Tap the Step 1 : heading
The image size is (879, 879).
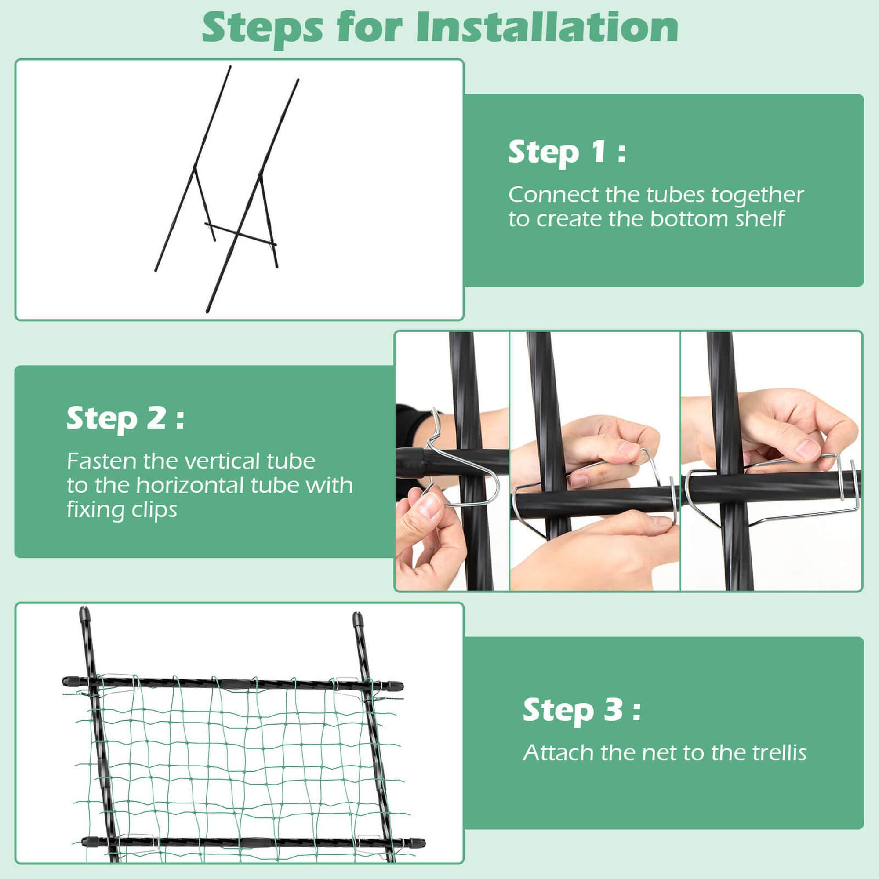[x=567, y=152]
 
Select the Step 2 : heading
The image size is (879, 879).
[x=125, y=418]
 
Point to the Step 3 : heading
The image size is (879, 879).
[x=581, y=710]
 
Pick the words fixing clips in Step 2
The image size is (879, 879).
[x=121, y=509]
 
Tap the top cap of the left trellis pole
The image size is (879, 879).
[x=85, y=616]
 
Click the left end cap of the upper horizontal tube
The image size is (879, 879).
[x=69, y=681]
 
